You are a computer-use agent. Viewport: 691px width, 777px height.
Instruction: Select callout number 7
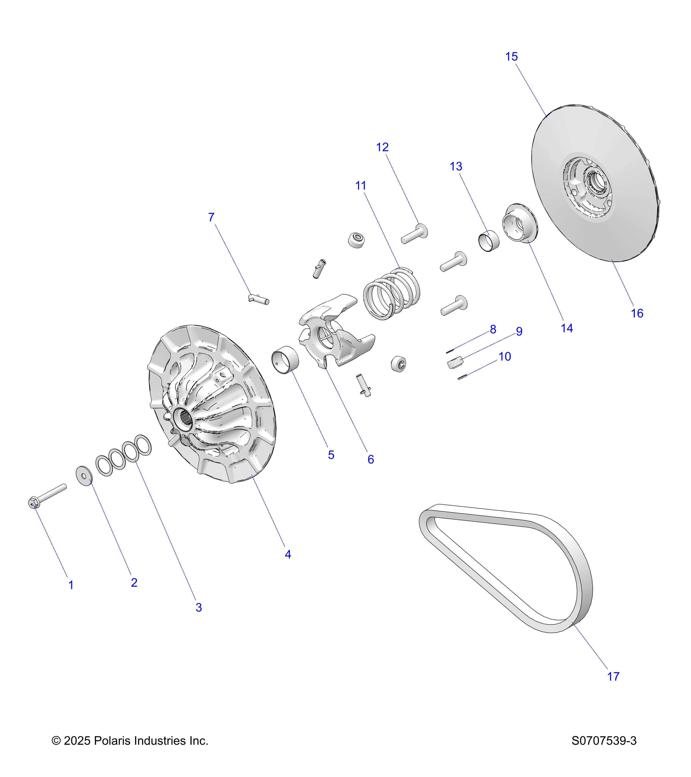click(x=211, y=217)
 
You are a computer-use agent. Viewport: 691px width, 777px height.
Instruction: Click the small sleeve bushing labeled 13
click(x=488, y=241)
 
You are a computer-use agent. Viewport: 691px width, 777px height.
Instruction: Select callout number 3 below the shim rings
click(x=198, y=607)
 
